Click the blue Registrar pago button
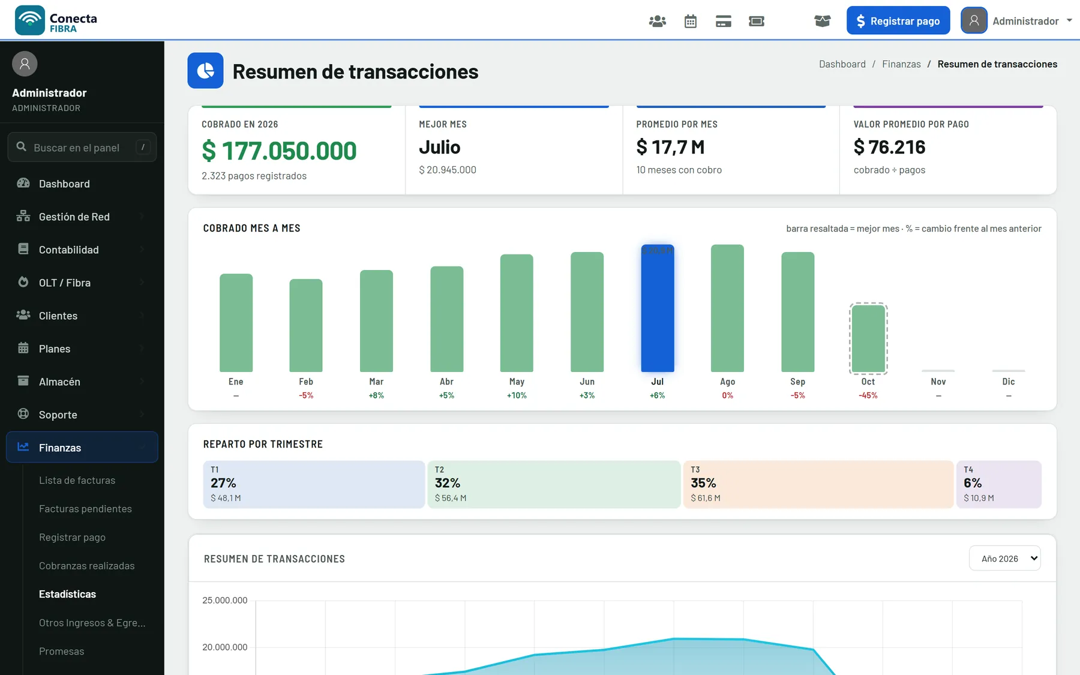point(898,20)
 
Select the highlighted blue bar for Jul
point(658,308)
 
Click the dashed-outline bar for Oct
point(868,338)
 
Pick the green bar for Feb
point(306,325)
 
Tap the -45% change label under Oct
point(868,395)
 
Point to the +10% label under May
point(517,395)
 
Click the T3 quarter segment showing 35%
point(818,484)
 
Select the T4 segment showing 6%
point(999,484)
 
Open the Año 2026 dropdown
point(1005,559)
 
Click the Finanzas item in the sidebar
point(82,448)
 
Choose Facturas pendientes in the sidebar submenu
point(85,509)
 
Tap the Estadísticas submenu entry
point(67,594)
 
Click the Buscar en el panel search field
point(82,147)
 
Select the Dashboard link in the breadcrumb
point(842,64)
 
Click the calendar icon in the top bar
point(691,22)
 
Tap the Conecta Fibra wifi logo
point(30,20)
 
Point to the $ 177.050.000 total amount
point(279,151)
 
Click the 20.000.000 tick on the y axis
point(224,647)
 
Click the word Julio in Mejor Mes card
point(440,147)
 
